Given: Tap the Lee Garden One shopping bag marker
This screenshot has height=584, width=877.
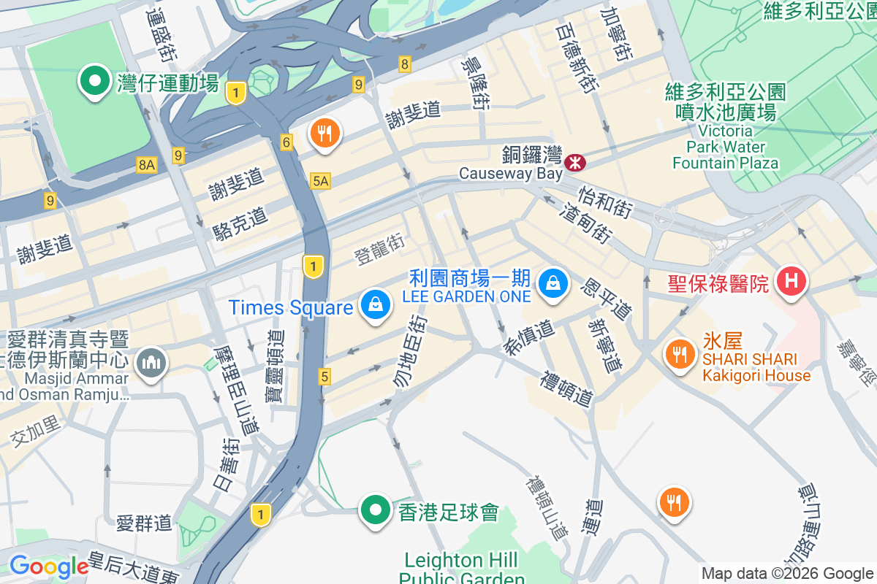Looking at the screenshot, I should click(553, 284).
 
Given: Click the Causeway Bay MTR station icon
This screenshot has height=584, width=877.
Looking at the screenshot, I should click(575, 162).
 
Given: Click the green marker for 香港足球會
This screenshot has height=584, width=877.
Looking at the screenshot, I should click(376, 510).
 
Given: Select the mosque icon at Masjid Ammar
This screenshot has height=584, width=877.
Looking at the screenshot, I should click(151, 363).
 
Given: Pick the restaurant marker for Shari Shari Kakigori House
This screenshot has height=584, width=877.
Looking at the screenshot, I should click(680, 354).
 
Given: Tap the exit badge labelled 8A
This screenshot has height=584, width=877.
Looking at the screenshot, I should click(147, 166).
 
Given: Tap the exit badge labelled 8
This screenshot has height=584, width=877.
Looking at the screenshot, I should click(404, 64).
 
